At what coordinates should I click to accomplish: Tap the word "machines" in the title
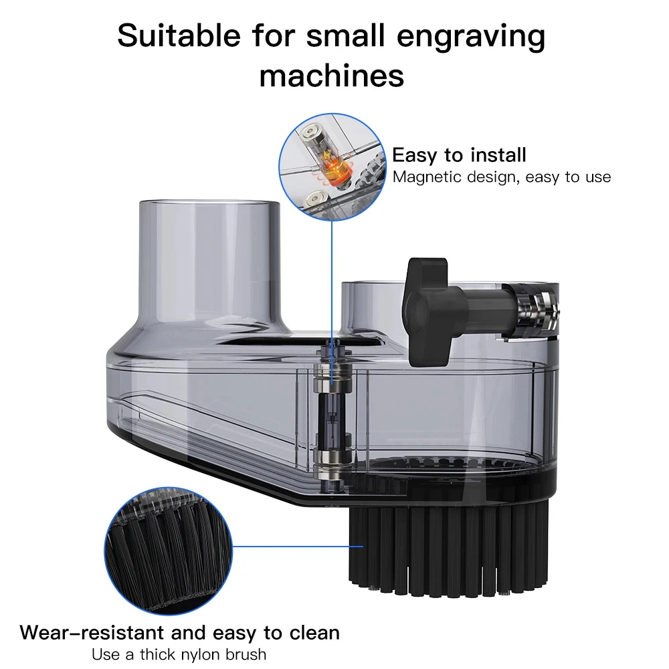coord(332,75)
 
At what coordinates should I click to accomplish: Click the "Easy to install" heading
coord(459,155)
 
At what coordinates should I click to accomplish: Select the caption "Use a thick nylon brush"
coord(179,654)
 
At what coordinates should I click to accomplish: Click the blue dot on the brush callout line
coord(362,546)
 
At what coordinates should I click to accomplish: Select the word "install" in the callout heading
coord(498,155)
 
